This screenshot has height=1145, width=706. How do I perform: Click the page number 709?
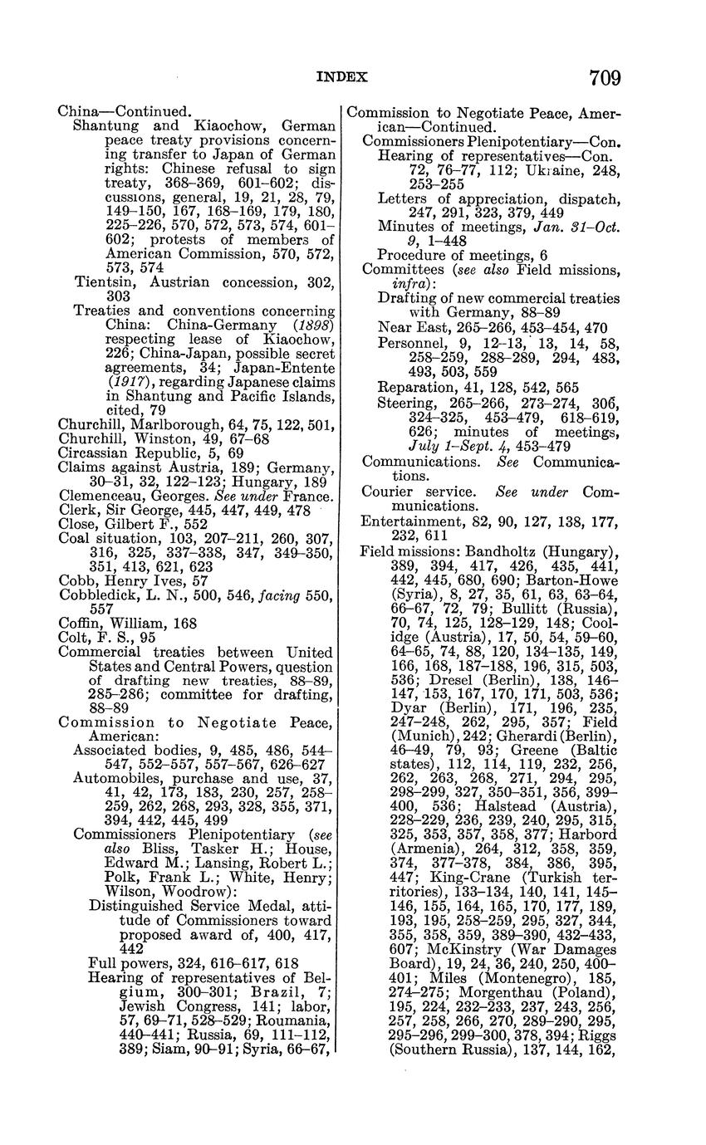point(605,78)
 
